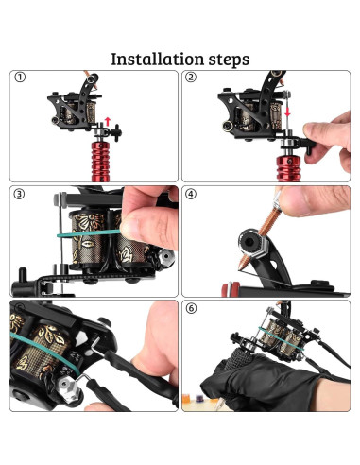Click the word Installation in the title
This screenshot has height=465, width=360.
tap(158, 59)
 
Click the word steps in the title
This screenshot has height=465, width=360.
tap(229, 60)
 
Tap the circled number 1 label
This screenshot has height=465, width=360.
tap(20, 77)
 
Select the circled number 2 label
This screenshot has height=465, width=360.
tap(191, 77)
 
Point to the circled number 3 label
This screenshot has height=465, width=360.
tap(19, 194)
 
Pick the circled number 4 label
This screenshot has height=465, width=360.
tap(191, 194)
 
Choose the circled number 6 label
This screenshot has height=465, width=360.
tap(191, 308)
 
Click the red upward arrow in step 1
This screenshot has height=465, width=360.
tap(108, 121)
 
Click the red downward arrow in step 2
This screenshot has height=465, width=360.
tap(287, 112)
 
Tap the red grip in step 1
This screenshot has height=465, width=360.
tap(100, 162)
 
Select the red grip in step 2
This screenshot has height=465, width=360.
tap(288, 168)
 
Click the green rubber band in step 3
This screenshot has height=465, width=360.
tap(89, 233)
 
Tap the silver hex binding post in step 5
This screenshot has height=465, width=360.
tap(67, 387)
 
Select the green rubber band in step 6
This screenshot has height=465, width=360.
tap(281, 338)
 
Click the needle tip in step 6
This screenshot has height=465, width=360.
tap(222, 405)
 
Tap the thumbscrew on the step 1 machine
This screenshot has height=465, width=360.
tap(116, 132)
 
